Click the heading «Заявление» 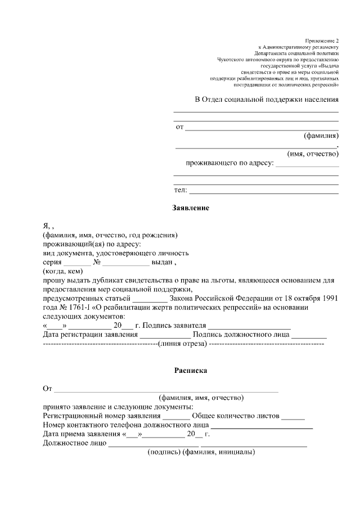click(191, 208)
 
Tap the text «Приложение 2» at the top click(322, 41)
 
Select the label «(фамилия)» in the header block click(321, 136)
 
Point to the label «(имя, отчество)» click(312, 154)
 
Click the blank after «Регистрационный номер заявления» click(175, 416)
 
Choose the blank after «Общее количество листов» click(292, 416)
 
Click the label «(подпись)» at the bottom click(163, 452)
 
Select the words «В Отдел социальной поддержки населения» click(267, 100)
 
